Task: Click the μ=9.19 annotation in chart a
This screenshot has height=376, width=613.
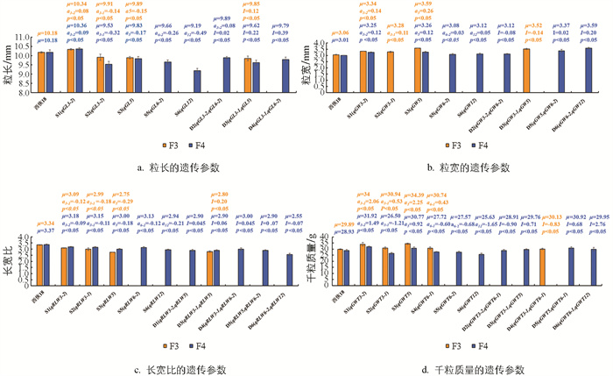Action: click(199, 32)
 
